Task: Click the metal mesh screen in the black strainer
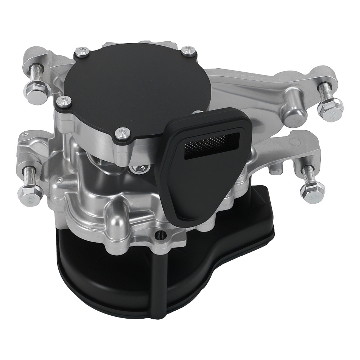pos(208,143)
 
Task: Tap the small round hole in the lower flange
pos(158,236)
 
